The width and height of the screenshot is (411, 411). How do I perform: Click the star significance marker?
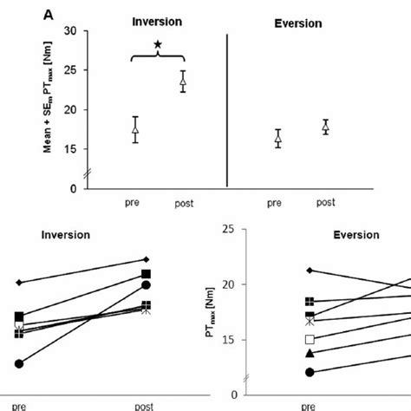click(x=157, y=44)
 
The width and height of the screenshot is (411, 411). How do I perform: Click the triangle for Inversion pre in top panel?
click(x=134, y=130)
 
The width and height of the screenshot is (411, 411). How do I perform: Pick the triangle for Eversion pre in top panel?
click(x=278, y=138)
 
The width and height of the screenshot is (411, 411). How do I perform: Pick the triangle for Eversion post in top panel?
click(x=325, y=127)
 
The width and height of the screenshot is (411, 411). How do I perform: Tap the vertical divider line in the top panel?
click(x=227, y=109)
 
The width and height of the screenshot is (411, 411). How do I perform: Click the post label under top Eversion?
click(x=325, y=203)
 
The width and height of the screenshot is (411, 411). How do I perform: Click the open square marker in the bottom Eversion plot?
click(x=309, y=339)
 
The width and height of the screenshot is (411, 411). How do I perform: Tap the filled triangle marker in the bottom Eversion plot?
click(x=309, y=353)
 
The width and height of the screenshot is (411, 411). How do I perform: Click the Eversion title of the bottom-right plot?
click(x=356, y=234)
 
